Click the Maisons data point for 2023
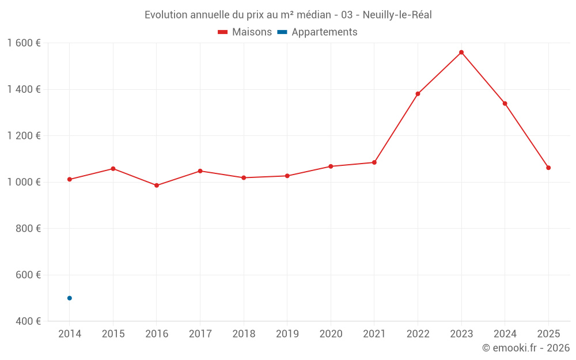[x=461, y=52]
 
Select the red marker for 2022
[x=418, y=94]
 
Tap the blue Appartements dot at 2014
[x=70, y=298]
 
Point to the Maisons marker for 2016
[x=157, y=185]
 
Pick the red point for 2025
[x=548, y=168]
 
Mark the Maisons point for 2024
[x=505, y=104]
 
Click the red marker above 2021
[x=374, y=162]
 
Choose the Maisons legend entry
[x=245, y=32]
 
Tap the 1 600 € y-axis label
[x=24, y=43]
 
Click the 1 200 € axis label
[x=24, y=136]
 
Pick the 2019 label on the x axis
[x=287, y=334]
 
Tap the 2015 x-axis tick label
[x=113, y=334]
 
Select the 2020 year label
[x=331, y=334]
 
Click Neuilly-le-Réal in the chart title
[x=397, y=15]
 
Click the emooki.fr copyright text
[x=526, y=348]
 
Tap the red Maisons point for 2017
[x=200, y=171]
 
